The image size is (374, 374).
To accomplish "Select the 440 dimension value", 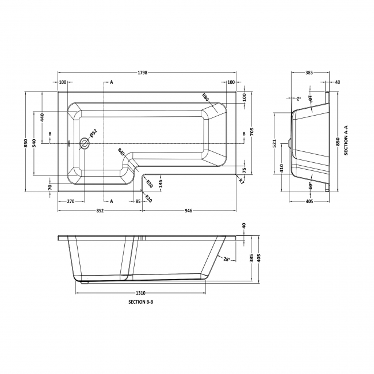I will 42,118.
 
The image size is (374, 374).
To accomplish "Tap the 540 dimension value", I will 35,142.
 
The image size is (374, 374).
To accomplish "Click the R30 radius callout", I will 148,184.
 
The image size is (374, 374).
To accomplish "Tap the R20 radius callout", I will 148,199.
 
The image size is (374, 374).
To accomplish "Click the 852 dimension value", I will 100,211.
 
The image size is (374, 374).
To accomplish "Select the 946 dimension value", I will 189,211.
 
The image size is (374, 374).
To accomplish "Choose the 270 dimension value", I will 71,201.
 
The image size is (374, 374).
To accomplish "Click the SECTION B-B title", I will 140,302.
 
